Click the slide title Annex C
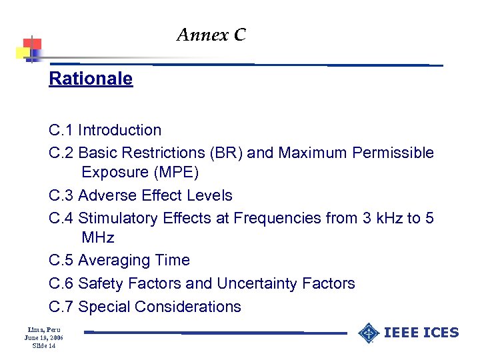click(211, 35)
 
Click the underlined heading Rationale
click(91, 79)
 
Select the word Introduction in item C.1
click(120, 130)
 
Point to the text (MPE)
click(176, 173)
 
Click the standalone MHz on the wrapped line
click(98, 237)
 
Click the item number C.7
click(61, 307)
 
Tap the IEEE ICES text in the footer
click(421, 332)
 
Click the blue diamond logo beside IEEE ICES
click(369, 332)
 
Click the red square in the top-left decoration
click(32, 44)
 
